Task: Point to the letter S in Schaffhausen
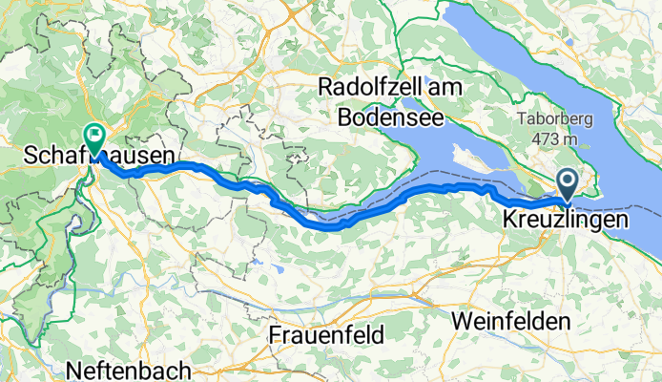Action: click(x=31, y=155)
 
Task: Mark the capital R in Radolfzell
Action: click(x=325, y=87)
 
